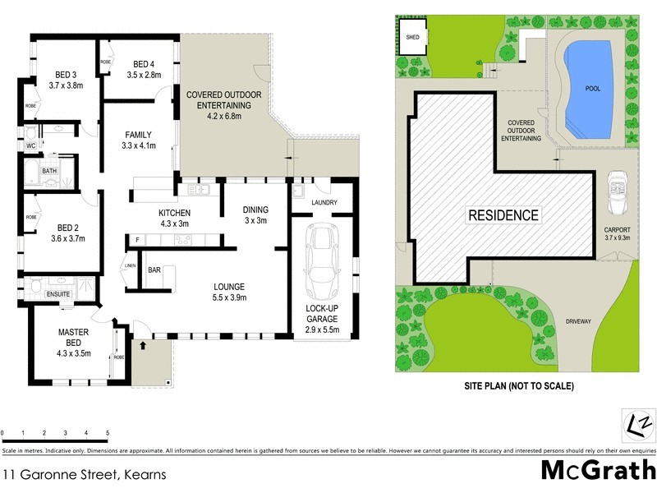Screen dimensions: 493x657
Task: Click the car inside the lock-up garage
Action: tap(320, 262)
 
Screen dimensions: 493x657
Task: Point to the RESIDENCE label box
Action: tap(503, 216)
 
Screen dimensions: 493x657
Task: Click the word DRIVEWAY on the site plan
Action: tap(578, 322)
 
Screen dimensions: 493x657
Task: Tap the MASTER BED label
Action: tap(72, 337)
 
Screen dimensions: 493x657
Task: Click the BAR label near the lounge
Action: tap(154, 270)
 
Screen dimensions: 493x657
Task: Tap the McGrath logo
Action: tap(597, 470)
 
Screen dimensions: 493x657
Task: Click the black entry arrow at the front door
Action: tap(145, 347)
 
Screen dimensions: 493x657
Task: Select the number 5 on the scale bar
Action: tap(108, 433)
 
